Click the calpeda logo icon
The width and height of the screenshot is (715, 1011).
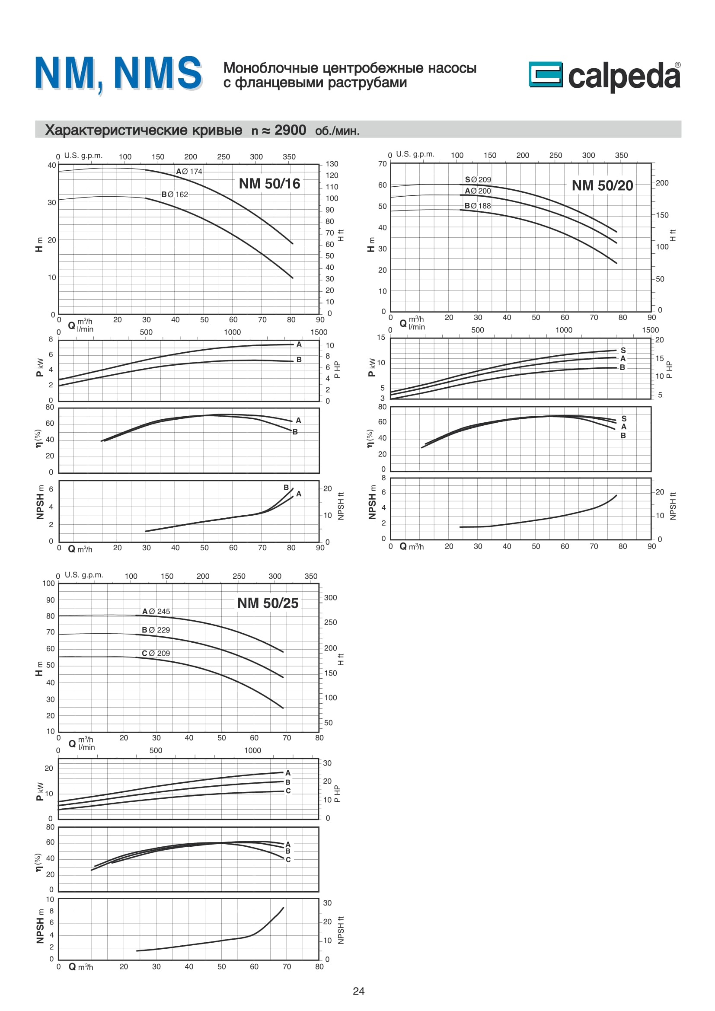tap(545, 74)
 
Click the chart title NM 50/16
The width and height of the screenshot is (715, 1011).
tap(269, 184)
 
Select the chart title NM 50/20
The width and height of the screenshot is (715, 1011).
tap(602, 185)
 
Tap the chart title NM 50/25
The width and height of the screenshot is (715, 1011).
tap(268, 603)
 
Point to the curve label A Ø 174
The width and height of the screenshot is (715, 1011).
tap(189, 172)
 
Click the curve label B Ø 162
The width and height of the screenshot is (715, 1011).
tap(174, 195)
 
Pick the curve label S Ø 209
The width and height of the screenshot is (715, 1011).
tap(478, 180)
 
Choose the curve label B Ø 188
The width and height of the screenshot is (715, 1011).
tap(477, 206)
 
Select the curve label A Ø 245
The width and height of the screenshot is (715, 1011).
tap(156, 612)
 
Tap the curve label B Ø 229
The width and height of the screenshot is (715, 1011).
tap(156, 630)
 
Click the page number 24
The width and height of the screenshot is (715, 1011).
tap(358, 991)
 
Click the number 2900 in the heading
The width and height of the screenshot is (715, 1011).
tap(290, 131)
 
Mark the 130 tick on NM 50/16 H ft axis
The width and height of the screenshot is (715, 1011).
tap(332, 164)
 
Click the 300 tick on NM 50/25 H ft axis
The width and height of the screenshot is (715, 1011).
tap(330, 598)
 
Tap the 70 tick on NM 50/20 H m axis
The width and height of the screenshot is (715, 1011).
tap(382, 164)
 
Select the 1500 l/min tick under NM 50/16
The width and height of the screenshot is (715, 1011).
tap(319, 332)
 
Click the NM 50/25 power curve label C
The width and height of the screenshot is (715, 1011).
tap(288, 791)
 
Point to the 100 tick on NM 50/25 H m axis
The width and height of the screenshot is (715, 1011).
tap(48, 584)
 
